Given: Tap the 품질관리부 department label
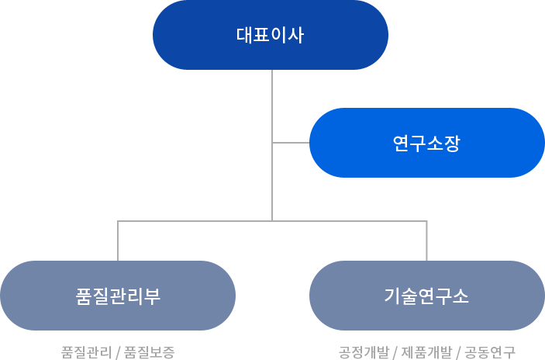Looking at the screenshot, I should (118, 296).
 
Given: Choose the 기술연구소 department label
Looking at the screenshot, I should (426, 296).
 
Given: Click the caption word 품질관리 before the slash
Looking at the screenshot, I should (85, 352).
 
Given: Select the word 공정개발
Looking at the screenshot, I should (365, 352).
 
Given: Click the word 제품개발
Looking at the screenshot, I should (426, 352).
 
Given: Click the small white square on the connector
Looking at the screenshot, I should (256, 133).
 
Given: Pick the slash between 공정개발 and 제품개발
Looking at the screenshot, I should (396, 352).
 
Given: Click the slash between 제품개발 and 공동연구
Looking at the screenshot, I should (458, 352).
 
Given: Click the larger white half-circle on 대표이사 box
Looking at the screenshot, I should (399, 35).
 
